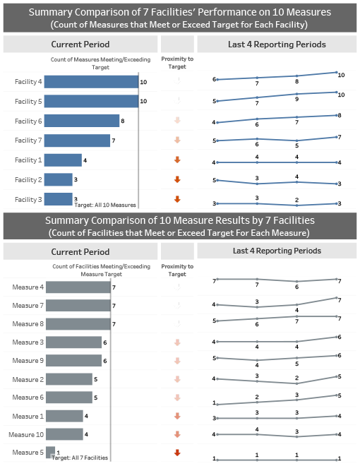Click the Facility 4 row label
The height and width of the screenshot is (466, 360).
click(28, 83)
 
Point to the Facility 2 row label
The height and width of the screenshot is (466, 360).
click(28, 180)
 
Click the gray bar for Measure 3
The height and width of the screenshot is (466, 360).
click(73, 342)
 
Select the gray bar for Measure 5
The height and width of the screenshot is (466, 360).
click(51, 452)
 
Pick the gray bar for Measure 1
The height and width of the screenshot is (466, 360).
click(64, 416)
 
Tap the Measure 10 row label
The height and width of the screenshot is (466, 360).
click(27, 434)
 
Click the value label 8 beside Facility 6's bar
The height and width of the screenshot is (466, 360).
click(123, 121)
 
